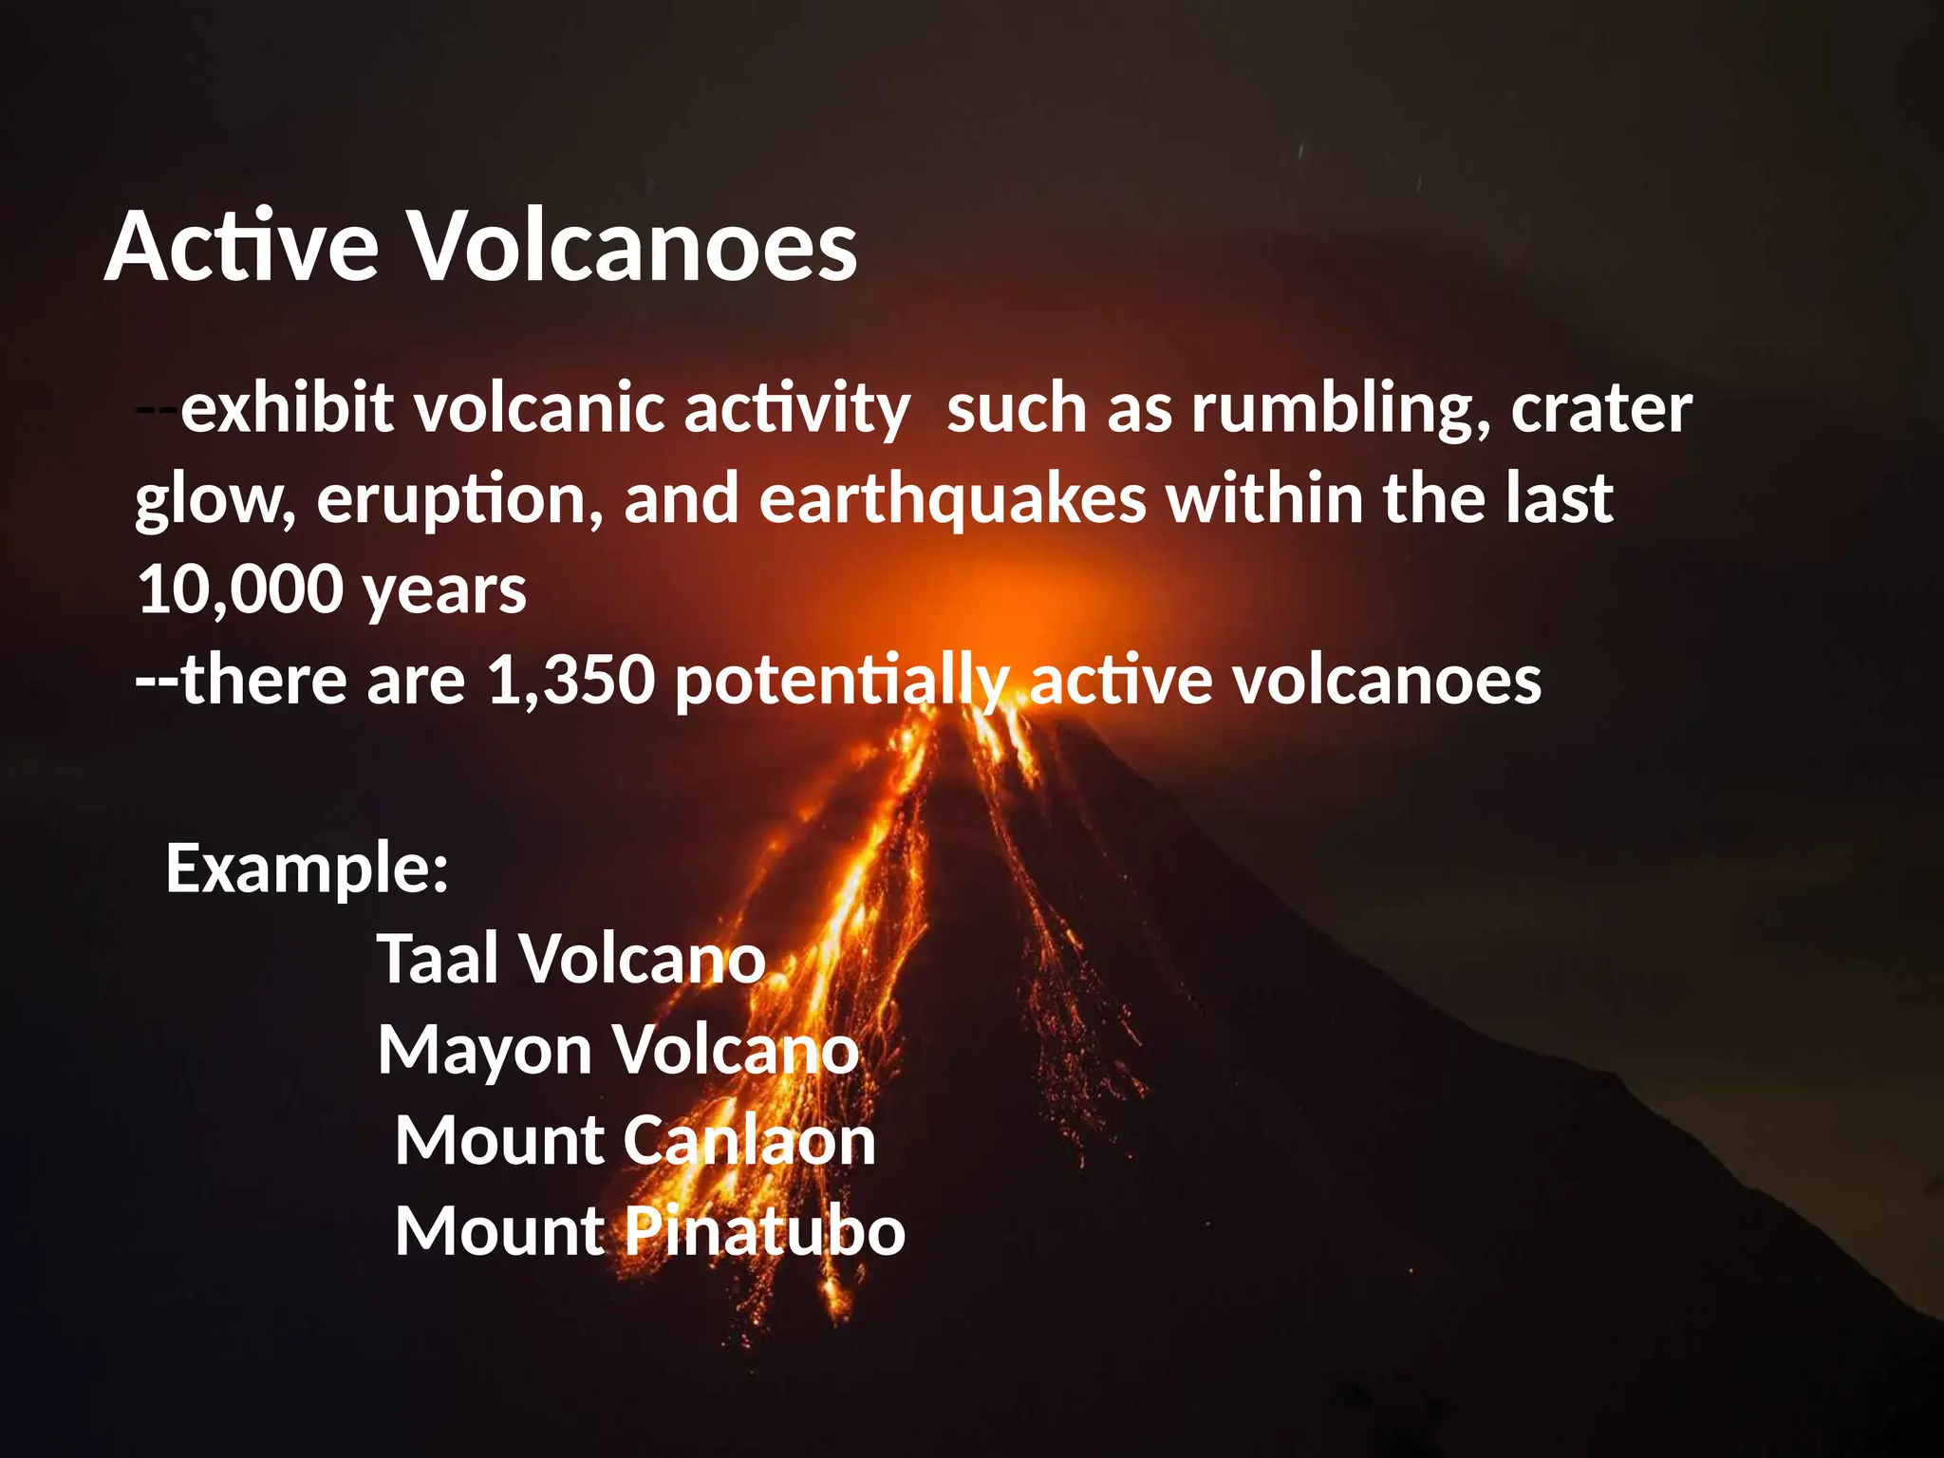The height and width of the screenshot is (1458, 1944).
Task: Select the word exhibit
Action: click(287, 409)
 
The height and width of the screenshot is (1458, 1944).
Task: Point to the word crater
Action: click(1601, 409)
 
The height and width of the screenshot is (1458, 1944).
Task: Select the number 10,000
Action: click(240, 589)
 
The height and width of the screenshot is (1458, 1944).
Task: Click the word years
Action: click(444, 591)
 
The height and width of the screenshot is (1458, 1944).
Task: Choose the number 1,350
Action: click(570, 681)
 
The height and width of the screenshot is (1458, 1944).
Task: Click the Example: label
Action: click(307, 869)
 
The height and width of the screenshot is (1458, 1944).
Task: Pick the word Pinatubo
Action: click(764, 1231)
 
